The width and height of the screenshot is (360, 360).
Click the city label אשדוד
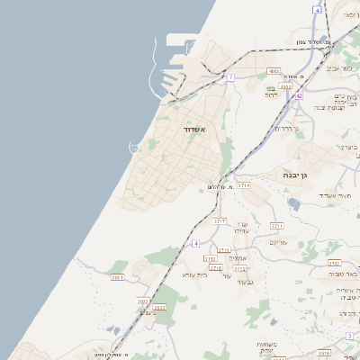tap(195, 130)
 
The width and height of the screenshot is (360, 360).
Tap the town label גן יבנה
tap(295, 175)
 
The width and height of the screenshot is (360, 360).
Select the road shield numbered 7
tap(230, 78)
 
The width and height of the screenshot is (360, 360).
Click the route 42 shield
tap(299, 94)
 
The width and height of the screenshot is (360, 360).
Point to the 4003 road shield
tap(274, 70)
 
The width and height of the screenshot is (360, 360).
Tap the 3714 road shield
tap(244, 184)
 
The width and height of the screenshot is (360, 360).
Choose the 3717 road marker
tap(220, 220)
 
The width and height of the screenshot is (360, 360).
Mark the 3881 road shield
tap(117, 277)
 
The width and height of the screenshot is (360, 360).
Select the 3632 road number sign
tap(143, 301)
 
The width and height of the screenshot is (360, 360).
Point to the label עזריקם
tap(278, 242)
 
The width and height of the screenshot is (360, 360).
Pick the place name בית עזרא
tap(194, 274)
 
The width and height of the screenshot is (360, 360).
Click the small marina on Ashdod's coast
tap(134, 147)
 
